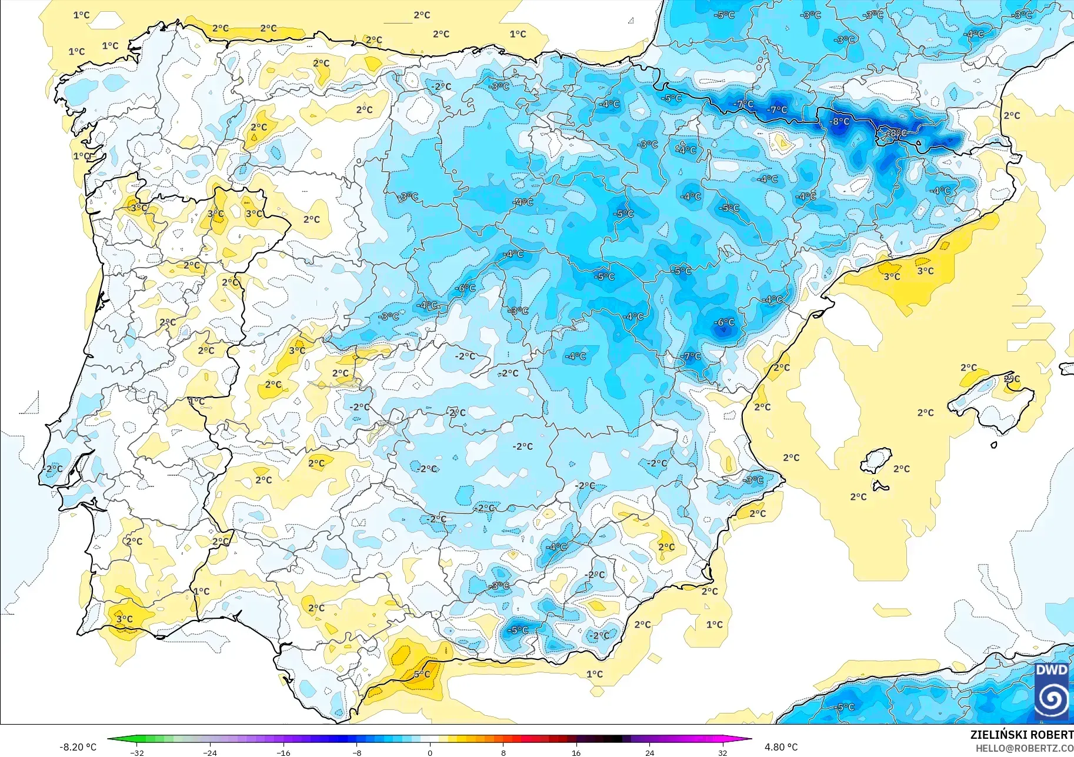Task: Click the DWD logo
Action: click(1052, 692)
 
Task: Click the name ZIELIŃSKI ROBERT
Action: click(1021, 735)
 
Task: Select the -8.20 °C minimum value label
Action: click(78, 747)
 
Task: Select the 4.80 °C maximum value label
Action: click(781, 747)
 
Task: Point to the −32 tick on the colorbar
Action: click(137, 752)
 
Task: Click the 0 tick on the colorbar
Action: click(430, 752)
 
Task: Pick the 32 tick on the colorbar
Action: click(722, 752)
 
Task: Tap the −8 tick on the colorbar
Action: click(357, 752)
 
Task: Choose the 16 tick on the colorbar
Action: click(576, 752)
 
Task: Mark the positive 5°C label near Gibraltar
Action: click(422, 674)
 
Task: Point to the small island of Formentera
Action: click(880, 486)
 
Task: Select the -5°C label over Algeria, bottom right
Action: click(845, 707)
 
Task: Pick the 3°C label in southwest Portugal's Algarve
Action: click(124, 619)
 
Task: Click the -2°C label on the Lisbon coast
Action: click(53, 469)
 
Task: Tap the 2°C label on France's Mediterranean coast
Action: click(1012, 115)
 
